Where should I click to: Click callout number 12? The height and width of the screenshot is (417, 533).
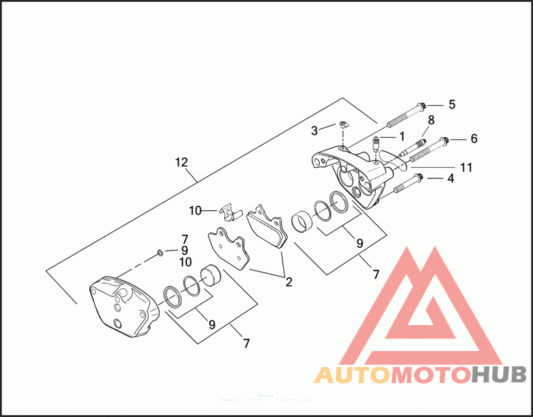182,162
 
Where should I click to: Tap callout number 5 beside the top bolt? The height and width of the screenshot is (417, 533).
451,104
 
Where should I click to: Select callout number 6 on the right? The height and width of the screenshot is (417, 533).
474,139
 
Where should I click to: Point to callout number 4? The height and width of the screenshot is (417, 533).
451,178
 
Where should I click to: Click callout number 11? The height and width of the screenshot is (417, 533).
466,167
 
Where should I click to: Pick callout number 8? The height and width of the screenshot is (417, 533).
431,120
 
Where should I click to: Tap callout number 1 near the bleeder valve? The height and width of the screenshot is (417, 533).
402,136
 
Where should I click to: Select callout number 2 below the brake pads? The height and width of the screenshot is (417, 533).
288,281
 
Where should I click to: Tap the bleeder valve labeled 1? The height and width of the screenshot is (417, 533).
376,142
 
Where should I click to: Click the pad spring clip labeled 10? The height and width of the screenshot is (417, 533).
229,210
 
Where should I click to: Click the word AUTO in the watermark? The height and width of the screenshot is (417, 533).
351,376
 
